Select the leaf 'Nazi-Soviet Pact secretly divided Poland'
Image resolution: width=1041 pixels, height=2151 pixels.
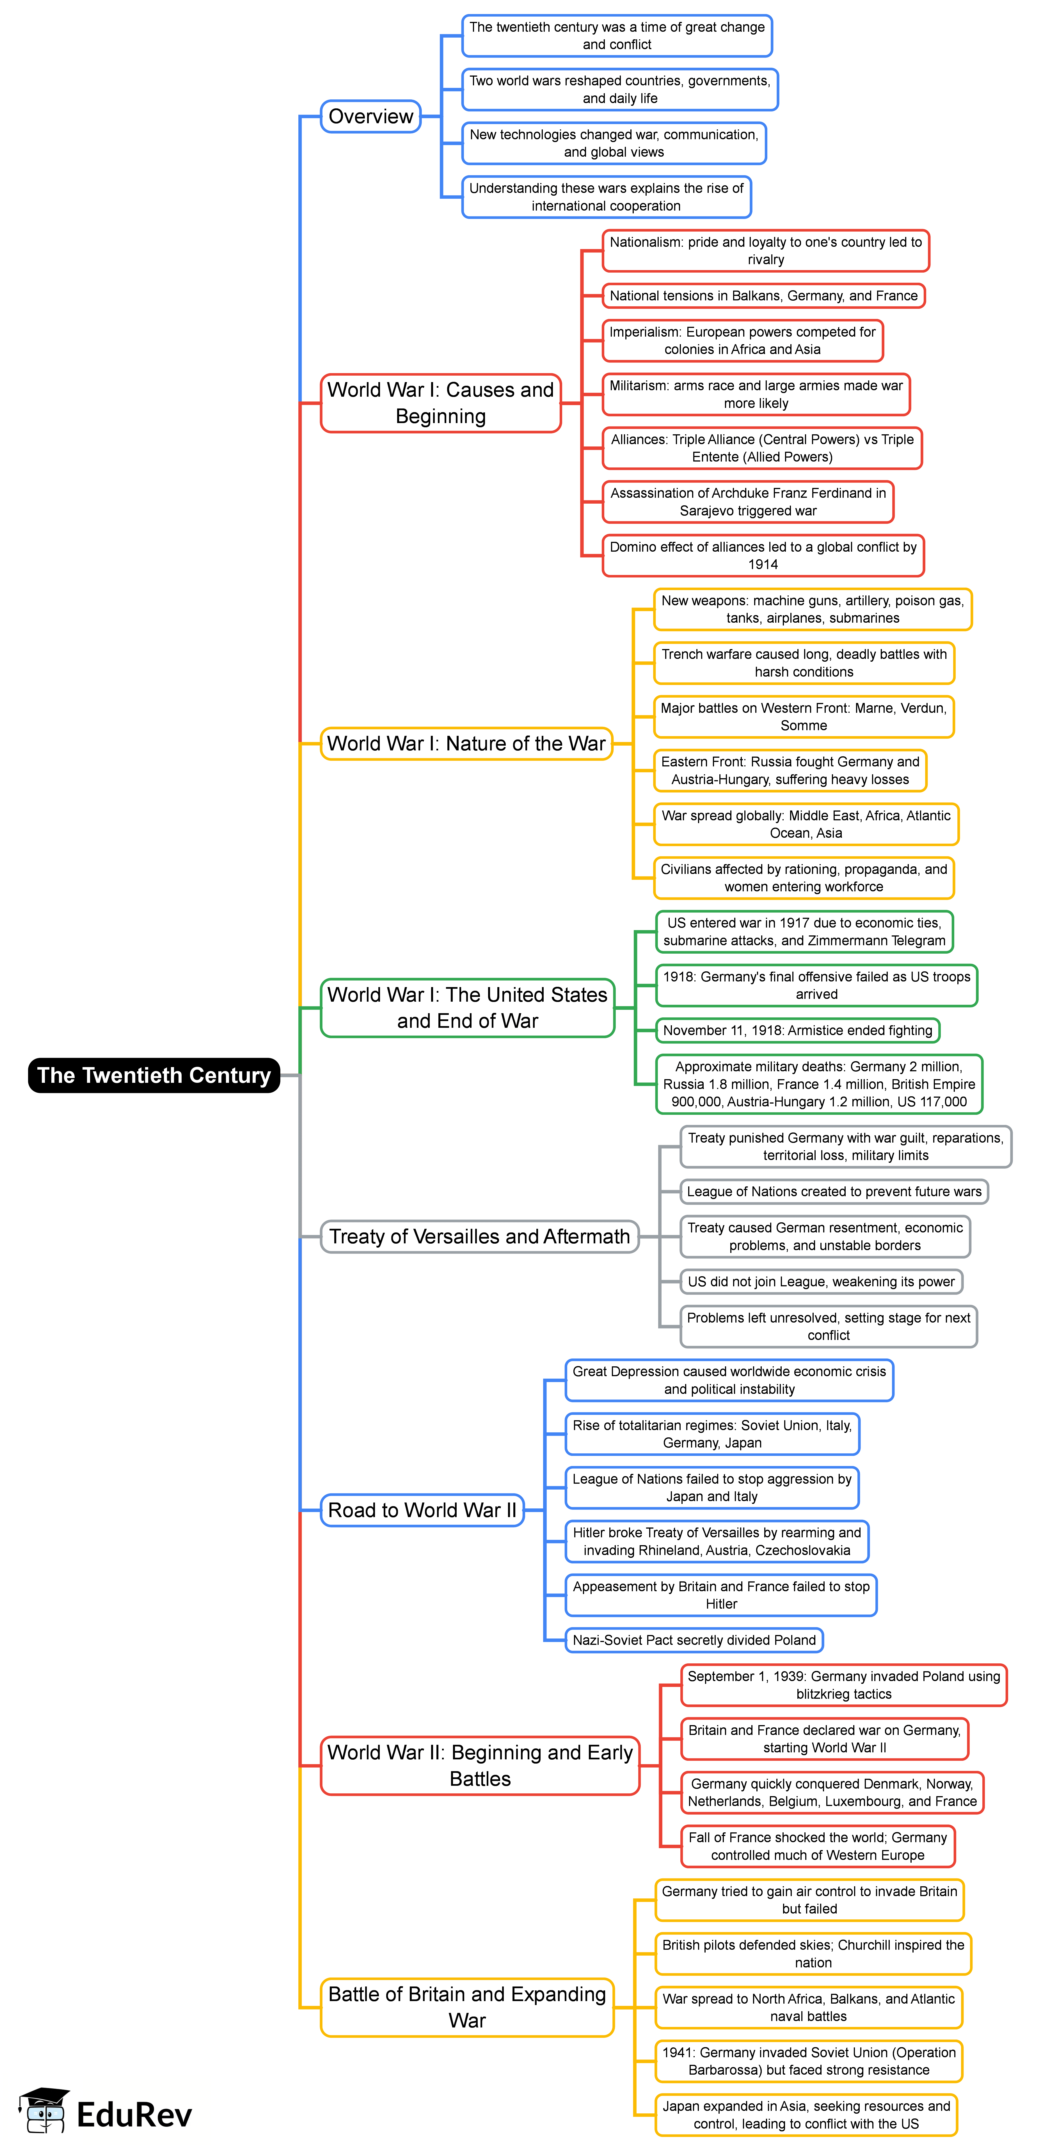[x=694, y=1640]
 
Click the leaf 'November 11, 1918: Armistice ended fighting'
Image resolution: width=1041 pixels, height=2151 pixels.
[x=797, y=1030]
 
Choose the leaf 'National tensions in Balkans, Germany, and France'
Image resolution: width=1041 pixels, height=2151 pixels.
[x=763, y=296]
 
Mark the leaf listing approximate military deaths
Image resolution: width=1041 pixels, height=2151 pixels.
[x=819, y=1084]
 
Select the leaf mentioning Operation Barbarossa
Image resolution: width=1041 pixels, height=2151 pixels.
[x=808, y=2061]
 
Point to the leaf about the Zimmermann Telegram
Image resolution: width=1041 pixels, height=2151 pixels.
[x=804, y=931]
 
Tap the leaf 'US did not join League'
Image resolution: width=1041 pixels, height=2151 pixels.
[x=821, y=1282]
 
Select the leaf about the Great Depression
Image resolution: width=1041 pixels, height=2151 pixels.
[x=729, y=1380]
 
